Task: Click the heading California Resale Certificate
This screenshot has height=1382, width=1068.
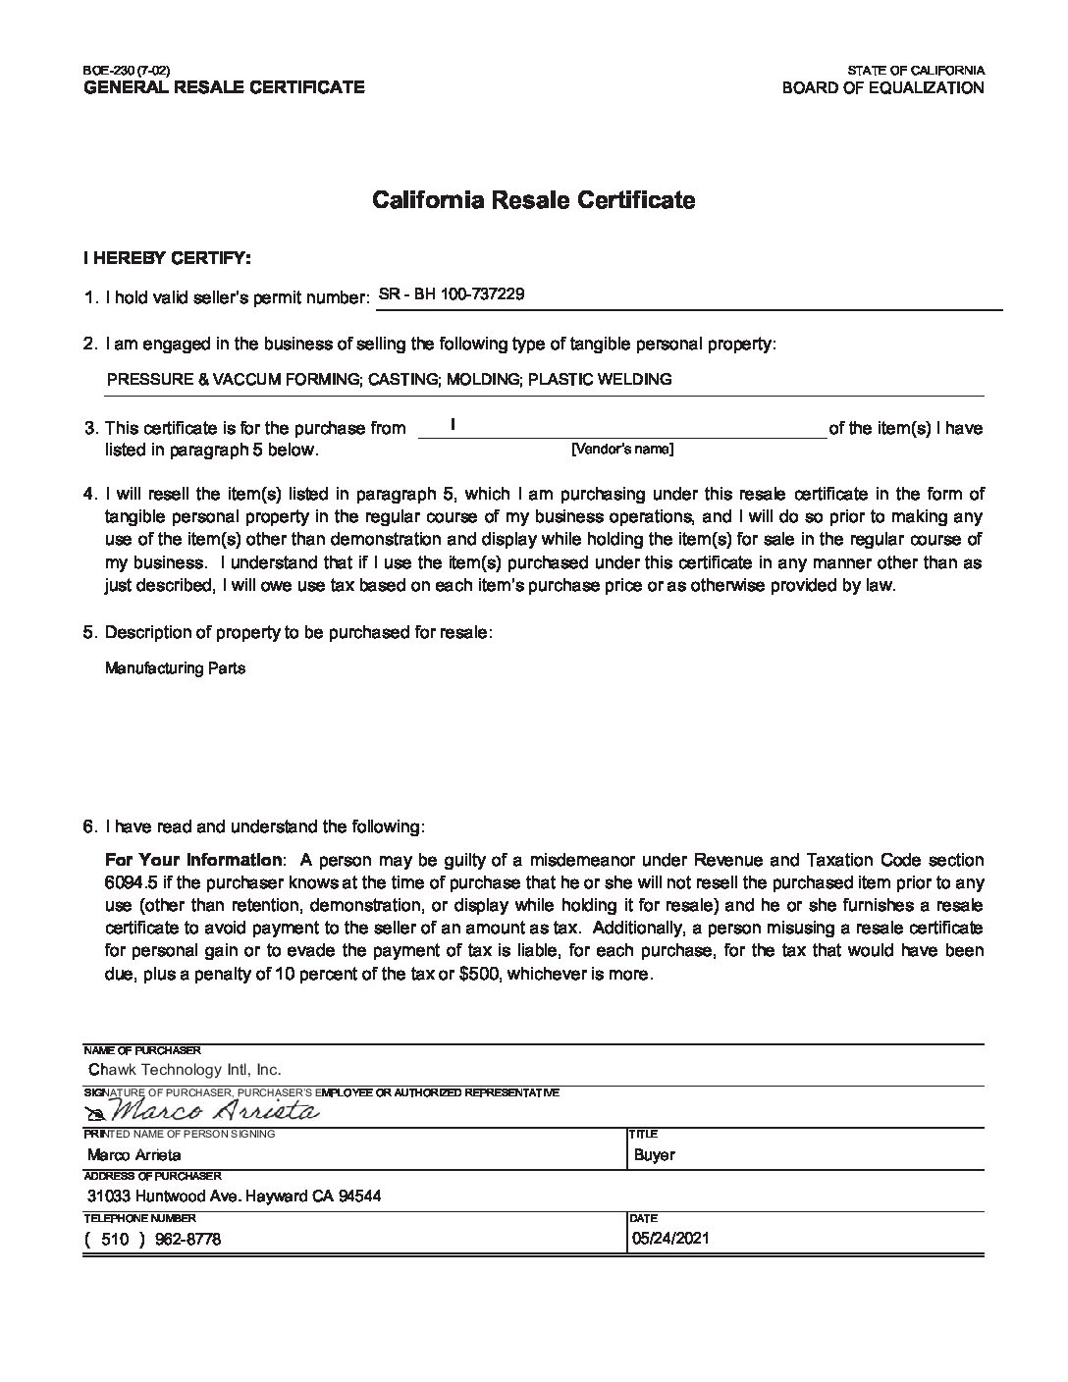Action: tap(533, 200)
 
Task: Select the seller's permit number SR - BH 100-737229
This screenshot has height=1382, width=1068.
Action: tap(451, 292)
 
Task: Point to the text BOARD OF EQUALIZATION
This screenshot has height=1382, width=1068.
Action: tap(882, 87)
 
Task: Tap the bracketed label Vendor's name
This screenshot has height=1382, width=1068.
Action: tap(621, 449)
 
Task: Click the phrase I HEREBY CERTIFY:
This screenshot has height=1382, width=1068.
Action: tap(167, 258)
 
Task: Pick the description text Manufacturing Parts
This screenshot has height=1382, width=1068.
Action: tap(175, 668)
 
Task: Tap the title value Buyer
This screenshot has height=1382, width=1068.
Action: tap(655, 1155)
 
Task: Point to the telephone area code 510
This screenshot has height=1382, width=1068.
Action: tap(116, 1239)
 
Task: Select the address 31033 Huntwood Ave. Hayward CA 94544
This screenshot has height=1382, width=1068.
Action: tap(234, 1196)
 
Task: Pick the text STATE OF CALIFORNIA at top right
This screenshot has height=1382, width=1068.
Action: tap(916, 71)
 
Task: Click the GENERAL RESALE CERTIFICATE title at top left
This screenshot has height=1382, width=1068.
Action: tap(224, 87)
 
